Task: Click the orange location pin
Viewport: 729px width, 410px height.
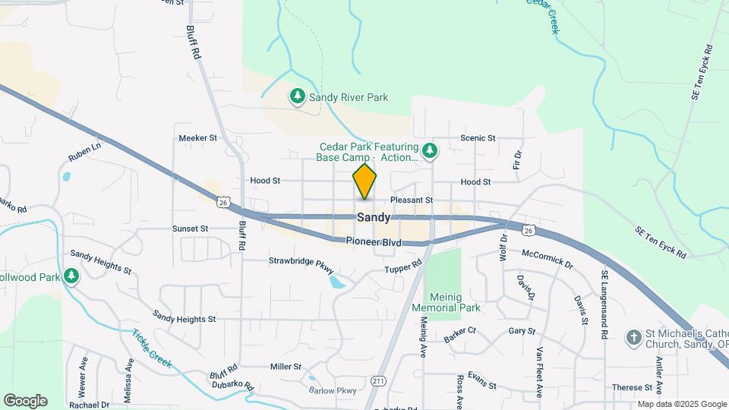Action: [364, 181]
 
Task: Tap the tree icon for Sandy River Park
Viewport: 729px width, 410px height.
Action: [298, 96]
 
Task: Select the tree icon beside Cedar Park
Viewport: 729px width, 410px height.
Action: [431, 150]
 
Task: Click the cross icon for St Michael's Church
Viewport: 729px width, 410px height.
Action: [633, 336]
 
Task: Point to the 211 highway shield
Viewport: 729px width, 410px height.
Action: [378, 380]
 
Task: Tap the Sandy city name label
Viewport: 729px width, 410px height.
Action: [374, 217]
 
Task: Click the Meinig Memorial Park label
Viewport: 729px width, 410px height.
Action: [447, 302]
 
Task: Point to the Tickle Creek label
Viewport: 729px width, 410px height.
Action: [153, 349]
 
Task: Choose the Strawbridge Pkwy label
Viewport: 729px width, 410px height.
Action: [301, 261]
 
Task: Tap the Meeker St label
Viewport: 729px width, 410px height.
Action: [197, 138]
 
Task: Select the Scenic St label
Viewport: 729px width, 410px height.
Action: [478, 138]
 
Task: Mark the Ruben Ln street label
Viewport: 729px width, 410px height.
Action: [84, 151]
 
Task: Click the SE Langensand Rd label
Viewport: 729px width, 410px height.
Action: [605, 304]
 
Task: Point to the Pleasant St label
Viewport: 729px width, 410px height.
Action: [412, 200]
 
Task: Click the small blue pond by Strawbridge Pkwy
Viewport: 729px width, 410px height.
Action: [336, 282]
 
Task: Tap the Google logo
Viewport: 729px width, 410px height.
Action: [25, 401]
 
